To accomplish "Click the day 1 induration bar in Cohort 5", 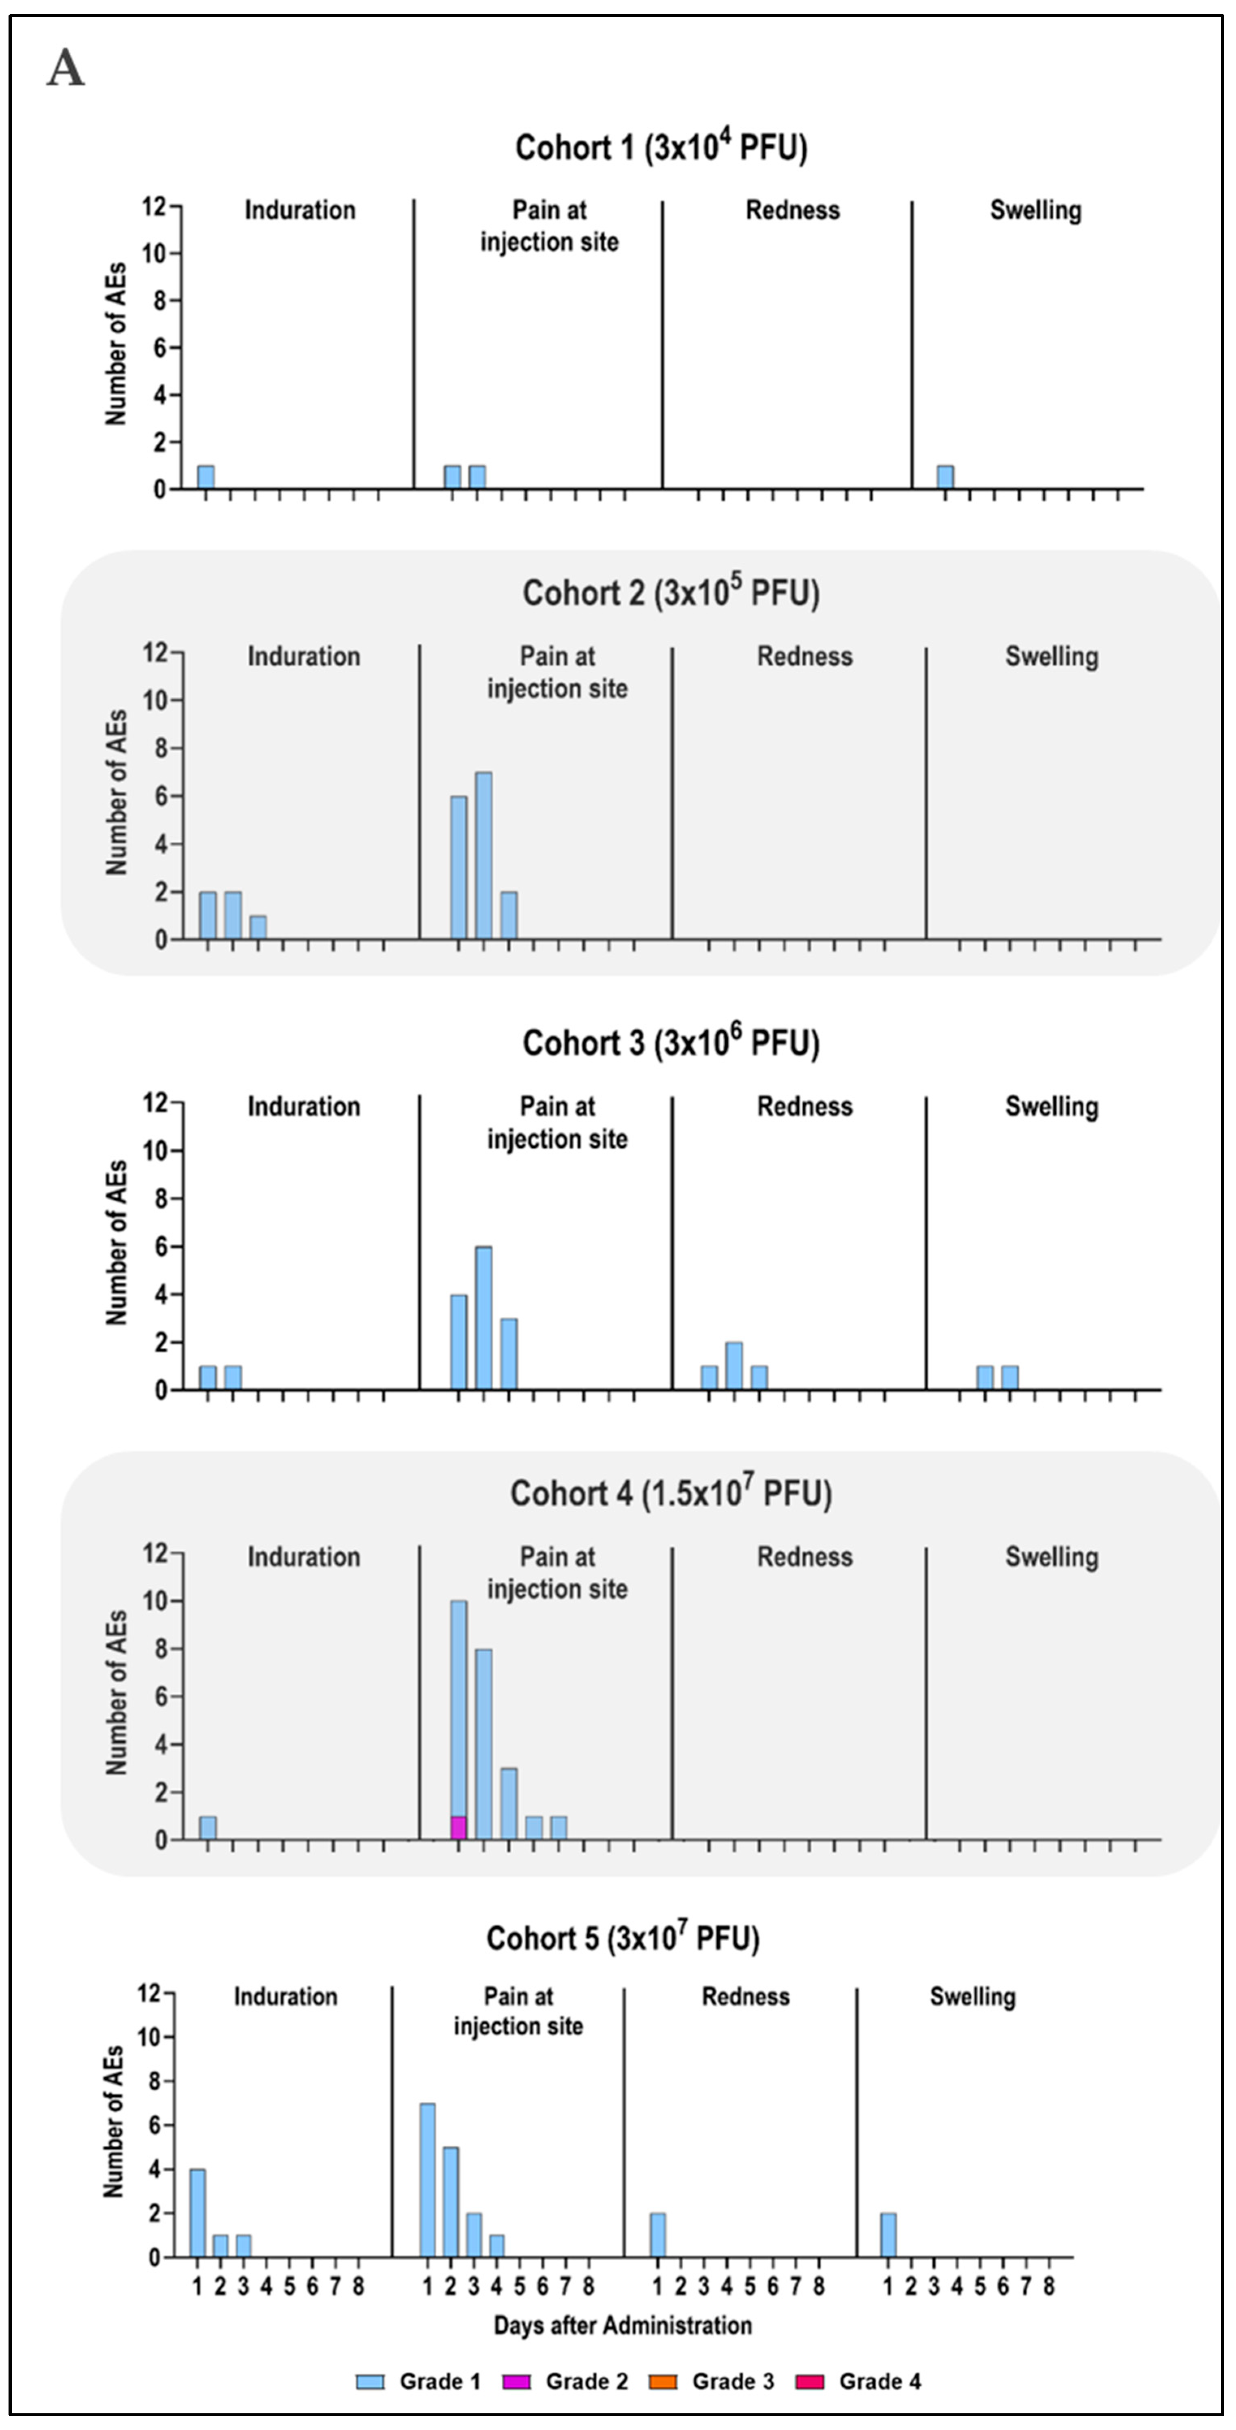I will (x=197, y=2213).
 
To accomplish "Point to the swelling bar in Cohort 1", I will (x=945, y=477).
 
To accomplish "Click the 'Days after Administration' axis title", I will (x=622, y=2325).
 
